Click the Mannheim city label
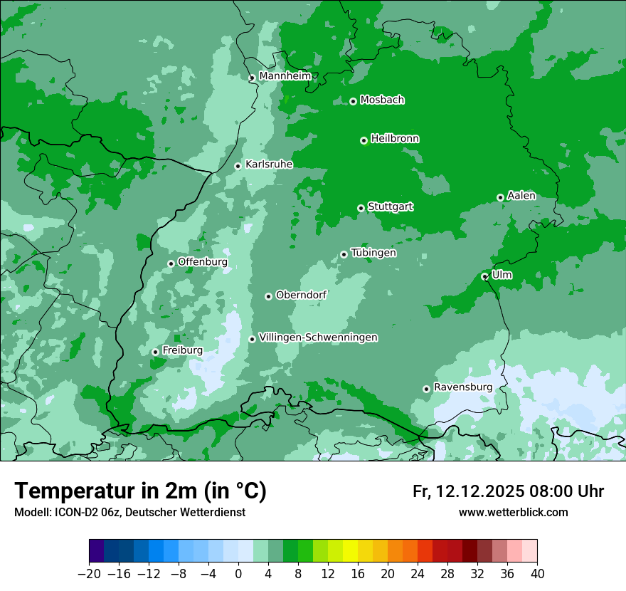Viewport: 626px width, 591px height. [x=285, y=75]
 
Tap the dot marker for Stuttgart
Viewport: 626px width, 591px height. [x=361, y=208]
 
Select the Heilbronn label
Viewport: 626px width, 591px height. [x=395, y=138]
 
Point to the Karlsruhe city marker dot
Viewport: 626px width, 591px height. [x=238, y=166]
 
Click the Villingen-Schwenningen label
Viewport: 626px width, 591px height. [x=319, y=337]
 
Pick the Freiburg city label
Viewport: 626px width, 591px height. [x=182, y=350]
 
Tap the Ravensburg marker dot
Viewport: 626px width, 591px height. [x=427, y=389]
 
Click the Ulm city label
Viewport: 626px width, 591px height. [x=502, y=274]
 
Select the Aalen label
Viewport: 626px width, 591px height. [x=521, y=195]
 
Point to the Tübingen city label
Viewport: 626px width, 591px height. [x=373, y=252]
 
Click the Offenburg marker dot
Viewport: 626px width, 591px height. [x=171, y=263]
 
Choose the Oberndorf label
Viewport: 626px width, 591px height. [x=301, y=294]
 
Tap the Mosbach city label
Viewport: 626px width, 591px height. [x=382, y=100]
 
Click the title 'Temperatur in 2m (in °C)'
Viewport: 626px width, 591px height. [x=140, y=491]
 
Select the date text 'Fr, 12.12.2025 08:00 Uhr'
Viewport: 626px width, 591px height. [x=508, y=491]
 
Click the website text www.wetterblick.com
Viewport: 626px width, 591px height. [x=513, y=512]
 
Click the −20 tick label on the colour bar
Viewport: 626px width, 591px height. [x=89, y=574]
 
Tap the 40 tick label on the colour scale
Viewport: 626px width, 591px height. [x=537, y=574]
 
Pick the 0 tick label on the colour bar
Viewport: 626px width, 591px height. [x=238, y=574]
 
